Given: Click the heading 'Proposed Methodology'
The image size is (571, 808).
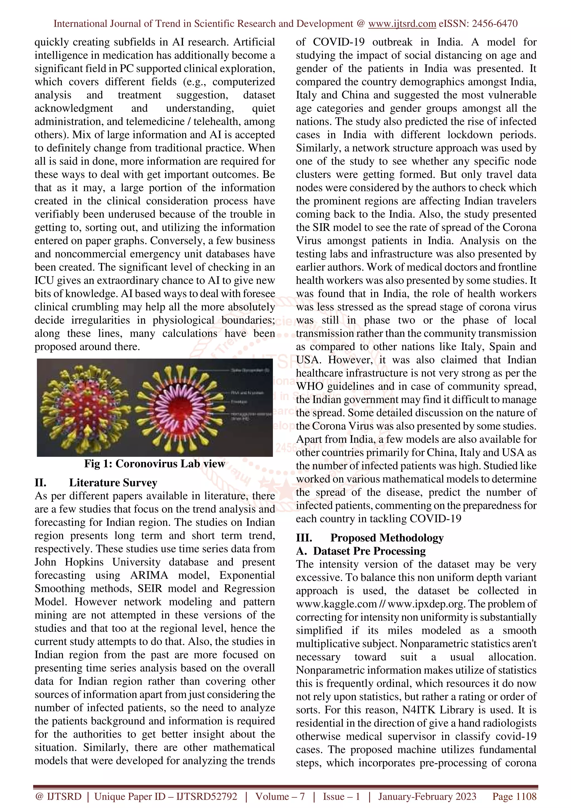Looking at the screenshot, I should (x=387, y=538).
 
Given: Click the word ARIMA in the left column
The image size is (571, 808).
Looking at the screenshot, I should (x=149, y=575).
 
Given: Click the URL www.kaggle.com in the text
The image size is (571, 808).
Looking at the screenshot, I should (x=336, y=604).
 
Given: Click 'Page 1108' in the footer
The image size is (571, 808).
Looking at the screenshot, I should (x=514, y=796).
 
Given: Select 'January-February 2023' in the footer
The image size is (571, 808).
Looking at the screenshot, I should (x=427, y=796).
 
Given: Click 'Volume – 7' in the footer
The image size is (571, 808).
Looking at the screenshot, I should (x=280, y=796).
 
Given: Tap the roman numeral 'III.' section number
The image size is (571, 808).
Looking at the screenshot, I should (x=304, y=538).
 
